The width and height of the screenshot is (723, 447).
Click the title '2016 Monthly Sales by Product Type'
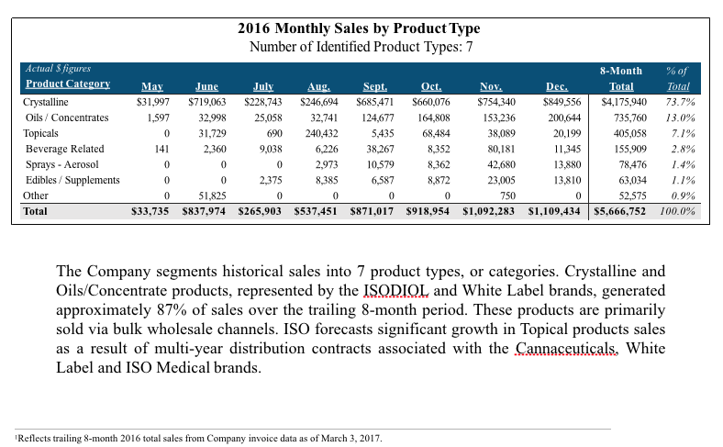point(358,29)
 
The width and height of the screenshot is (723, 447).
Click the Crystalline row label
point(45,101)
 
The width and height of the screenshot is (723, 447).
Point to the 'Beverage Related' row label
point(64,149)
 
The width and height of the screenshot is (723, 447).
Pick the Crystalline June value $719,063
point(207,101)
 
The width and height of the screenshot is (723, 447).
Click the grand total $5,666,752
point(620,211)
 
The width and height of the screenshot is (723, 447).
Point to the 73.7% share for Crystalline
point(680,101)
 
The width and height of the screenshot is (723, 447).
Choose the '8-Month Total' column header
point(621,77)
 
